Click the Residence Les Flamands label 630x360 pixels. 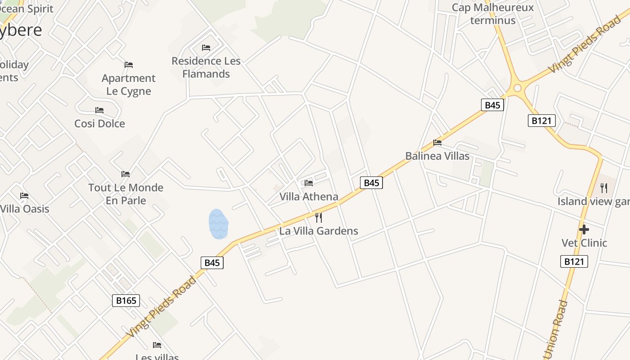tap(206, 67)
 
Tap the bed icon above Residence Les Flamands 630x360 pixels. tap(206, 47)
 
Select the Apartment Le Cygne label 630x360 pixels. tap(129, 85)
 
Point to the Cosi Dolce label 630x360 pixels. tap(99, 123)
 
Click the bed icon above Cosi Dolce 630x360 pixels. tap(99, 110)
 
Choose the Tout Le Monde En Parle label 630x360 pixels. tap(126, 194)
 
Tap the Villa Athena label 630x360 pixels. tap(309, 197)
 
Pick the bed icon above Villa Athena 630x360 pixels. tap(309, 183)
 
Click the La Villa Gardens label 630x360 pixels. tap(319, 231)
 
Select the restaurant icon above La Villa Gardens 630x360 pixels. tap(319, 218)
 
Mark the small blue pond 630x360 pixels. tap(218, 224)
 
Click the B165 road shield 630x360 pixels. tap(126, 301)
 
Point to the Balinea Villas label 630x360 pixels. tap(437, 156)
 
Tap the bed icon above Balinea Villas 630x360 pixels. tap(437, 143)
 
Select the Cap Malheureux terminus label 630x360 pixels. tap(493, 14)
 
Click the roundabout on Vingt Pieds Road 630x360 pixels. tap(517, 88)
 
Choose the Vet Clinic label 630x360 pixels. tap(584, 243)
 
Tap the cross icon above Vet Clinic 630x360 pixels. tap(584, 229)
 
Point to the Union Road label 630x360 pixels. tap(556, 329)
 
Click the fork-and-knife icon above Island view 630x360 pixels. tap(604, 188)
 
